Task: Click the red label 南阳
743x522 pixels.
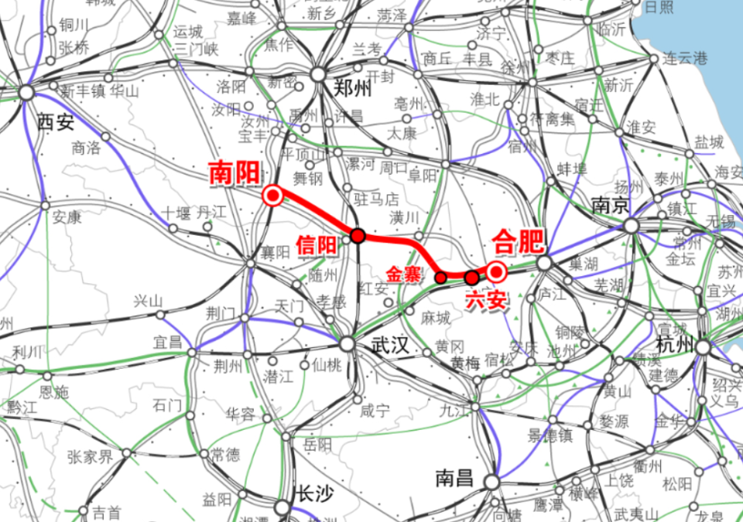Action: [x=234, y=173]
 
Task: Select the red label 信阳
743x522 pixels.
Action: [x=317, y=244]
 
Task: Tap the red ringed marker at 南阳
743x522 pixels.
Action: [x=272, y=196]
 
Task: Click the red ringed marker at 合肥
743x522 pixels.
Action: [x=496, y=271]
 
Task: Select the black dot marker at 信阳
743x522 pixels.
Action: [x=358, y=235]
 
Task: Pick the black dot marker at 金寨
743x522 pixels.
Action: [x=440, y=277]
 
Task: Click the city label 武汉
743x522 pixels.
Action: [x=389, y=346]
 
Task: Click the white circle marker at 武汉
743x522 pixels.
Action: [x=348, y=344]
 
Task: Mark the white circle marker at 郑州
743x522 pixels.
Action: [x=318, y=73]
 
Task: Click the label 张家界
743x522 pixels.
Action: [x=91, y=456]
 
